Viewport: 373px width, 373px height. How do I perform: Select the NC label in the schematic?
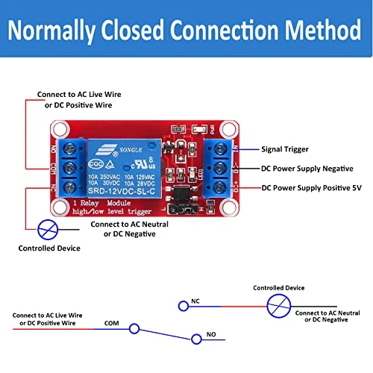pos(195,302)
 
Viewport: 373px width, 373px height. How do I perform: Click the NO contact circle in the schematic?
pos(195,339)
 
